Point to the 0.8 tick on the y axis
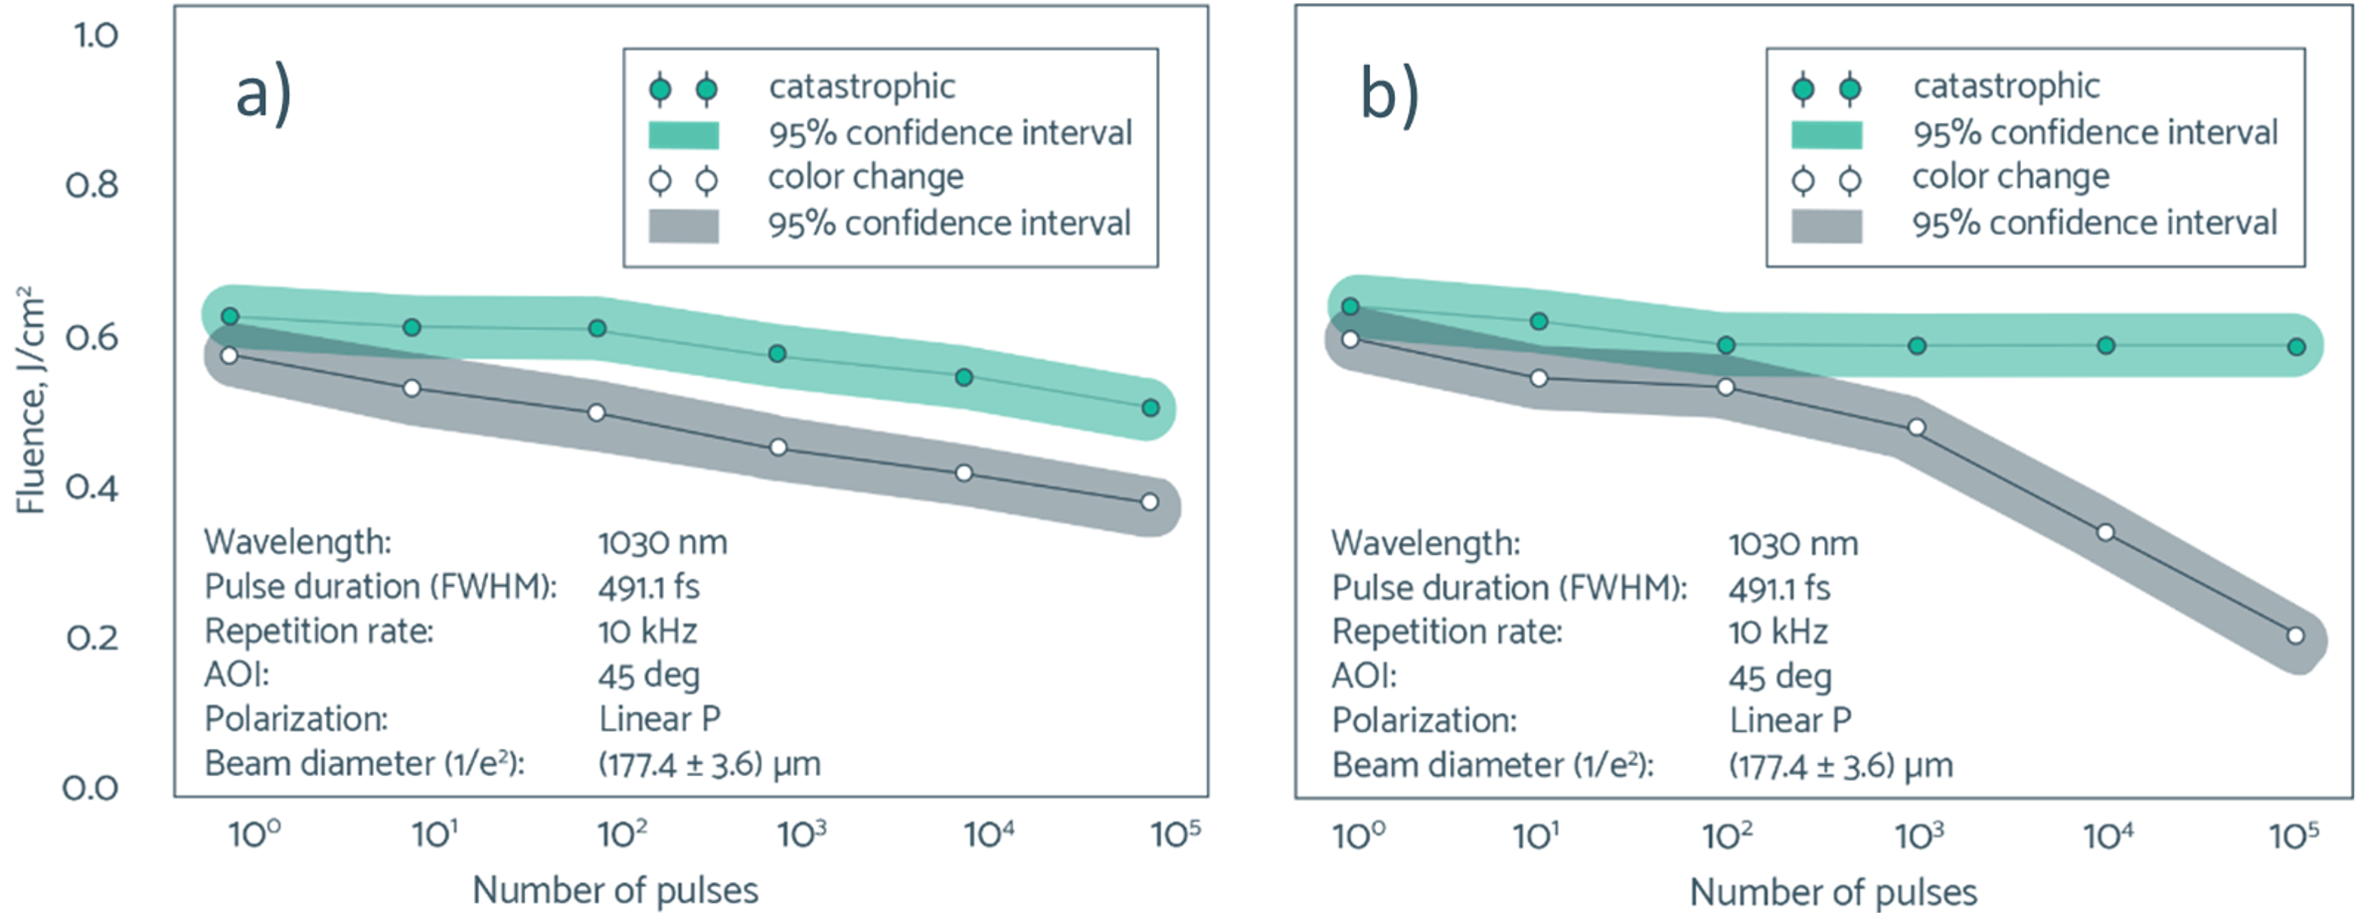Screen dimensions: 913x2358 (91, 185)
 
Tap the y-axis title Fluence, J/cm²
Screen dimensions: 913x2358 (31, 400)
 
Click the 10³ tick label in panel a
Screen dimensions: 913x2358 (801, 833)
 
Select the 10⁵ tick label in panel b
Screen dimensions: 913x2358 (2294, 835)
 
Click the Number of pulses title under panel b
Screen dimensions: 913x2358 (1833, 892)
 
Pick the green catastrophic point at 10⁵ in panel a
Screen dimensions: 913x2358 (1150, 408)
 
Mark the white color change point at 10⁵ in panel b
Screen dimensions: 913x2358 (2295, 636)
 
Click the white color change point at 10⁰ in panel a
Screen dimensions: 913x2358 (230, 355)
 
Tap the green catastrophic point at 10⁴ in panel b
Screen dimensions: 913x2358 (2105, 346)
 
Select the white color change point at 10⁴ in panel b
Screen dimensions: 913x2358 (2105, 533)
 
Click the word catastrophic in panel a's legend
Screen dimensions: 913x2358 (862, 88)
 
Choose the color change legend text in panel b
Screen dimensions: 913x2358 (2010, 177)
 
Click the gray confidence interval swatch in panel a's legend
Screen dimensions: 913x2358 (684, 226)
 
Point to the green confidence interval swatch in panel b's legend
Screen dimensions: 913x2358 (1826, 134)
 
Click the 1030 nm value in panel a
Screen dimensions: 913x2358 (662, 543)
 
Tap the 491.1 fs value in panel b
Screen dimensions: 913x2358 (1778, 589)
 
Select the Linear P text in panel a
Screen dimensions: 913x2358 (659, 719)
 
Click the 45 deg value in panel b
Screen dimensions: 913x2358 (1779, 677)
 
